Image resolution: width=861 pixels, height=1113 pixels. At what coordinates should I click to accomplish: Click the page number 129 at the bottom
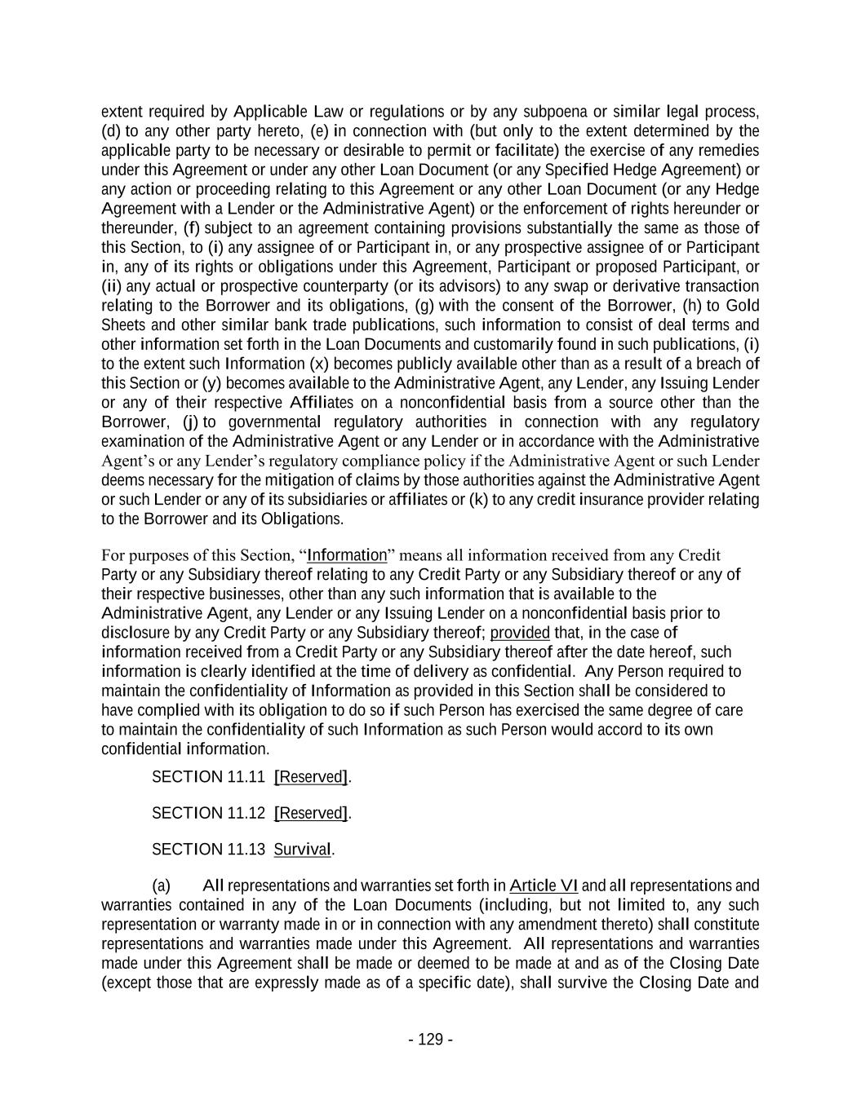pos(431,1039)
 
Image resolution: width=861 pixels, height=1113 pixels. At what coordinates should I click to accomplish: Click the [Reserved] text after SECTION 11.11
pos(312,777)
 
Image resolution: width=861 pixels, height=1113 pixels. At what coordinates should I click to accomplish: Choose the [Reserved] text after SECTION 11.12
pos(312,813)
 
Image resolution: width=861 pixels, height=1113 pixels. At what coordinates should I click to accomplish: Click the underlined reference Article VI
pos(544,886)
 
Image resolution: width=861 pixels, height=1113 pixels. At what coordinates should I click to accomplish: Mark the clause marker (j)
pos(190,422)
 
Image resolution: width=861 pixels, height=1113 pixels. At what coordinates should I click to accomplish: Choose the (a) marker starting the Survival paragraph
pos(162,886)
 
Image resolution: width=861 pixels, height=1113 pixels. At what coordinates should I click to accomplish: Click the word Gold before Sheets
pos(742,306)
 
